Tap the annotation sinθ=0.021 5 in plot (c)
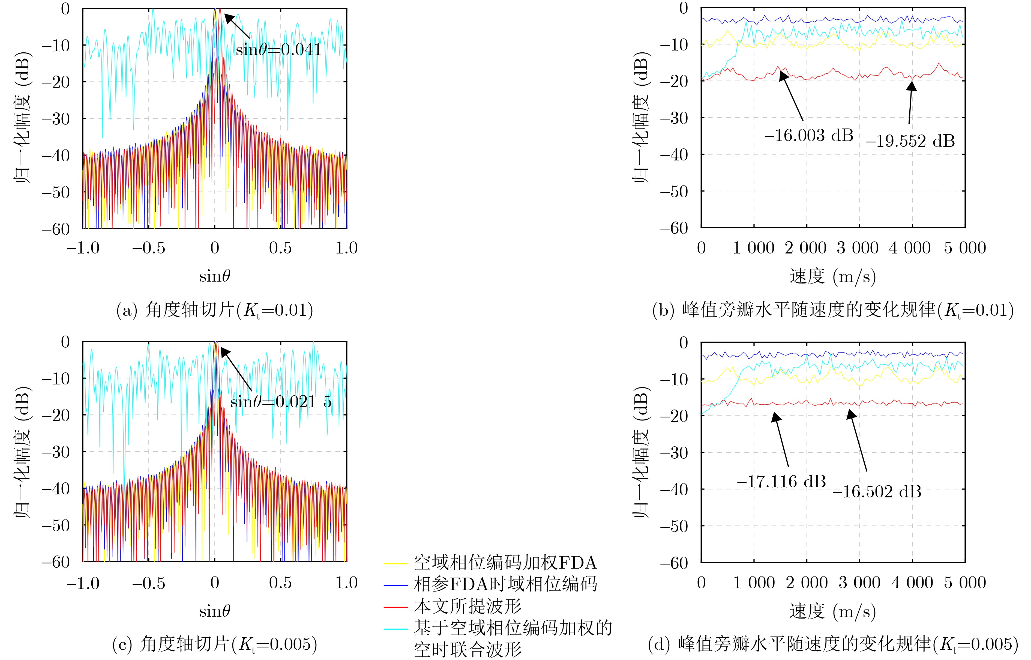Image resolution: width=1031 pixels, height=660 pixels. [x=281, y=402]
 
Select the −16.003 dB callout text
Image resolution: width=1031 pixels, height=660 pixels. [x=809, y=135]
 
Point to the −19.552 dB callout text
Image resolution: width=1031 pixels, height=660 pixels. [x=910, y=141]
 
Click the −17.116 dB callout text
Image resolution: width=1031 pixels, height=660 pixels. [x=781, y=482]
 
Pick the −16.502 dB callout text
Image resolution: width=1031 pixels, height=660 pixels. [x=876, y=492]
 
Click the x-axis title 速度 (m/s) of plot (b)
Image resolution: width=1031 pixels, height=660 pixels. [x=833, y=276]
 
